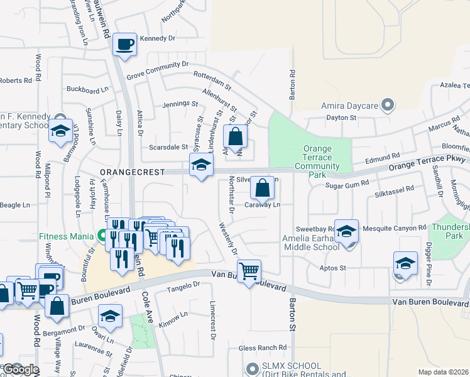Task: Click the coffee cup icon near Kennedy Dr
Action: point(124,44)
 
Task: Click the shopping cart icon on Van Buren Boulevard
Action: point(249,271)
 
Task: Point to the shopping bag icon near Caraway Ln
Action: point(262,187)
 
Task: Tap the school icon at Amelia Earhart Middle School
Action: point(346,231)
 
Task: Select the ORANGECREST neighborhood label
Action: point(131,172)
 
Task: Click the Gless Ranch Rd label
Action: point(262,347)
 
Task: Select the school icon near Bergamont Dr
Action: point(110,316)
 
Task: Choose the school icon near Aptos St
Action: point(405,263)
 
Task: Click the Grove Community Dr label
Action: point(157,69)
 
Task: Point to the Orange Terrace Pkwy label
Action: point(427,164)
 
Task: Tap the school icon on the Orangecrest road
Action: point(201,165)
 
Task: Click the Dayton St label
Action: point(341,117)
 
